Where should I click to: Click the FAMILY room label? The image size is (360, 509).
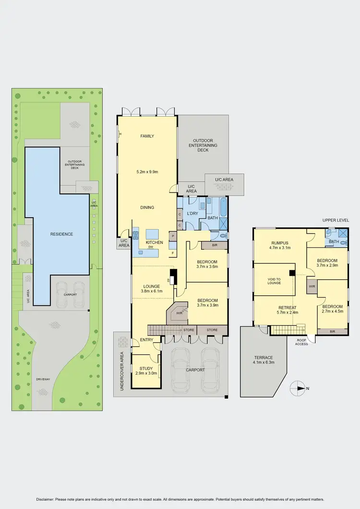[147, 136]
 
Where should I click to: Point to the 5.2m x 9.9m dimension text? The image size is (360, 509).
[147, 171]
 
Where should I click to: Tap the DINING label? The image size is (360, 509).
[147, 207]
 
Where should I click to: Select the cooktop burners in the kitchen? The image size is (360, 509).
[135, 235]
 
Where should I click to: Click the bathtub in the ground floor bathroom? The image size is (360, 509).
[223, 208]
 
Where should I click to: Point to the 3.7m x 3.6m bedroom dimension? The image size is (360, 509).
[207, 268]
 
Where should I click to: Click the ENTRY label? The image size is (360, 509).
[146, 340]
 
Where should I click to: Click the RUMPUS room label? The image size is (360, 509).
[279, 242]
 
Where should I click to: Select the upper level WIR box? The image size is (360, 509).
[312, 286]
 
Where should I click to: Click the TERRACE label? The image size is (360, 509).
[264, 358]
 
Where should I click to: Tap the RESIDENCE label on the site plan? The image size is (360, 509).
[61, 234]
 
